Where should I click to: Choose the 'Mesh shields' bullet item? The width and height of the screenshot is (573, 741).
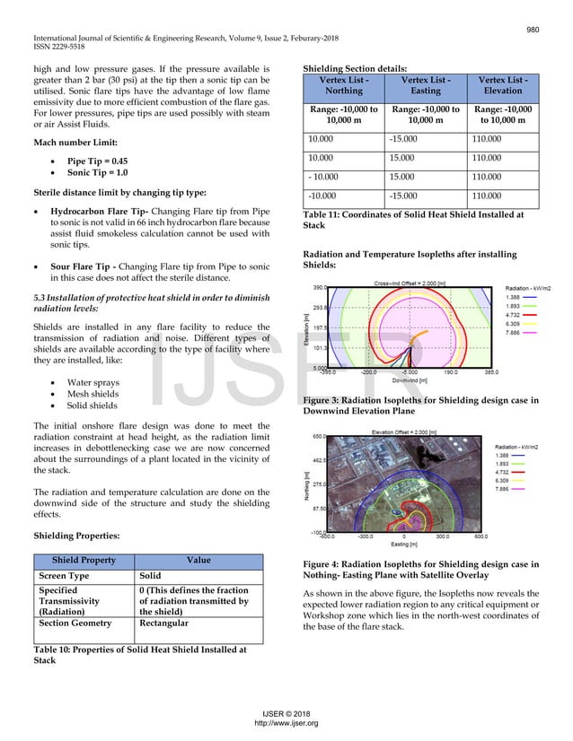(x=92, y=392)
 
